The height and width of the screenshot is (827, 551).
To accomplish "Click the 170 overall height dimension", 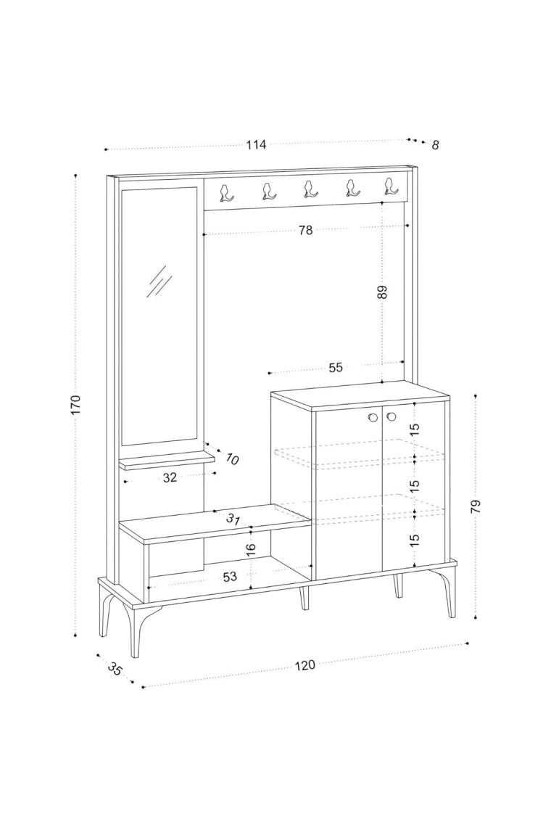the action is point(76,405).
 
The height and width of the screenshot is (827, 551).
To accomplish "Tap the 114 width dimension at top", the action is point(256,144).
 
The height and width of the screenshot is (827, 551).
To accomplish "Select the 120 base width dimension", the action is point(304,665).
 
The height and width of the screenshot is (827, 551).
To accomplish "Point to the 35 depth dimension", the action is point(115,669).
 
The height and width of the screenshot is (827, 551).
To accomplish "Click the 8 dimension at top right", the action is point(435,145).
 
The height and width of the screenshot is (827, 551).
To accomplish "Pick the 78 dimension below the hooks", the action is point(305,230).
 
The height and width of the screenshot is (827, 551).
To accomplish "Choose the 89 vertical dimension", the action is point(382,292).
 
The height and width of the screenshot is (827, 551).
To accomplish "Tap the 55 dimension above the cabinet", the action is point(336,368).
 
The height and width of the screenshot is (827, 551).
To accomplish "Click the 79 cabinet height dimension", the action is point(476,507).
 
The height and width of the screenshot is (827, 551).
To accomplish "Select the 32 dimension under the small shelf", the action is point(170,478).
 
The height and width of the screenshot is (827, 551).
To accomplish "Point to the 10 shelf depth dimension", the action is point(231,459).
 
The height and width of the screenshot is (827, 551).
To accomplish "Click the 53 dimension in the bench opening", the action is point(230,577).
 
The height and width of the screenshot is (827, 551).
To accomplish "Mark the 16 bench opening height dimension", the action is point(251,548).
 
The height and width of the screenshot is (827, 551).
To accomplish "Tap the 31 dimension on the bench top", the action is point(233,519).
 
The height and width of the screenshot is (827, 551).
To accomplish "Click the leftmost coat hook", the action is point(226,192).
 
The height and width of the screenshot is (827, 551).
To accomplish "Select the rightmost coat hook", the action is point(389,187).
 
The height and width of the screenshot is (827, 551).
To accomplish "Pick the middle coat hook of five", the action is point(310,189).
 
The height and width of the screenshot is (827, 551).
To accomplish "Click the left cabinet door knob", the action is point(373,418).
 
